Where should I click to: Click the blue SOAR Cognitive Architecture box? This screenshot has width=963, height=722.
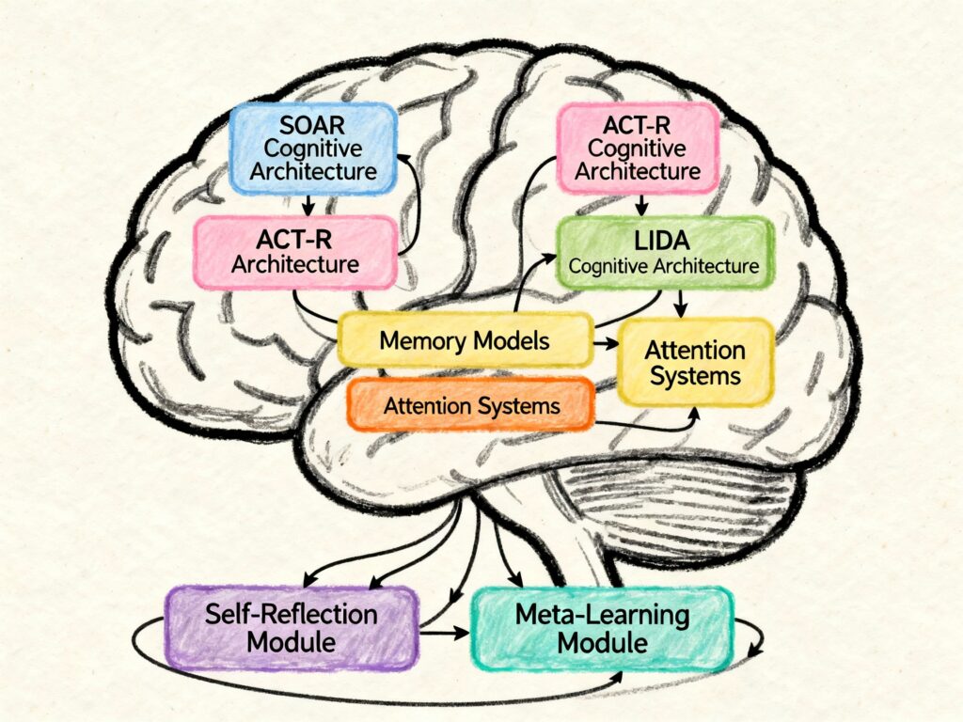[314, 149]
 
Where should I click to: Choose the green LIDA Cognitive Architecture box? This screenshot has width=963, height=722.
[665, 252]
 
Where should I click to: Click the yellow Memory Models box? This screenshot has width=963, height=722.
[465, 340]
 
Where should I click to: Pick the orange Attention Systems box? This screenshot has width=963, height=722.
[472, 406]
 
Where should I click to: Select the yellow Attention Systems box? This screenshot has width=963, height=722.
[695, 364]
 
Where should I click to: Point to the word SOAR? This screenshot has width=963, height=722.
[314, 125]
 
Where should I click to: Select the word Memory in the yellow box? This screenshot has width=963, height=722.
[418, 340]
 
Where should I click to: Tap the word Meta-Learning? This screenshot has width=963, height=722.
[602, 617]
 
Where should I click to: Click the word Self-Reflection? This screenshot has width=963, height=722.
[292, 616]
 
